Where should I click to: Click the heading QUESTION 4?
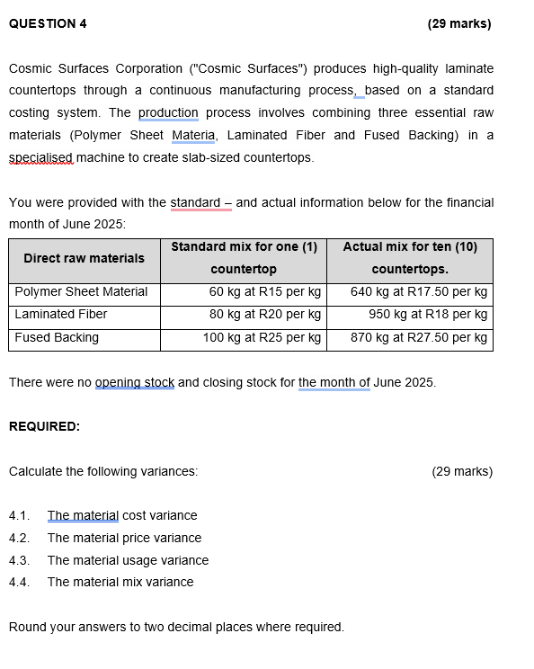coord(48,24)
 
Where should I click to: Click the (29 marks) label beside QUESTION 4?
coord(459,24)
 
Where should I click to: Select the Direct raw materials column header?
coord(84,258)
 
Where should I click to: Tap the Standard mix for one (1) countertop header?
coord(244,258)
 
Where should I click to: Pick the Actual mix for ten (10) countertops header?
coord(410,258)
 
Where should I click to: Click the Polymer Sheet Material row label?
coord(81,291)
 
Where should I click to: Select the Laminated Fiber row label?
coord(61,314)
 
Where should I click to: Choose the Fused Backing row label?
coord(57,337)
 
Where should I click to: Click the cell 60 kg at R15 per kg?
coord(264,291)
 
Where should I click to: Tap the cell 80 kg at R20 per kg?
coord(264,314)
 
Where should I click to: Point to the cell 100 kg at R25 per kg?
coord(261,337)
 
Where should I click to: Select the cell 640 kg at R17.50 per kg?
coord(419,291)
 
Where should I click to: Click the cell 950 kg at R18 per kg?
coord(428,314)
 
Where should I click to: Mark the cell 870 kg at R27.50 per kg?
coord(419,337)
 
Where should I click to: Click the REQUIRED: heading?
coord(44,427)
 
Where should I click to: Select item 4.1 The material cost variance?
coord(121,515)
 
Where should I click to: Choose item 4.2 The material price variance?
coord(124,538)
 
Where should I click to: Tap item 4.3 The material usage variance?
coord(128,560)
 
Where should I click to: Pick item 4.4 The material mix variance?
coord(120,582)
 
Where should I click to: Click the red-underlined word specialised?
coord(40,157)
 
